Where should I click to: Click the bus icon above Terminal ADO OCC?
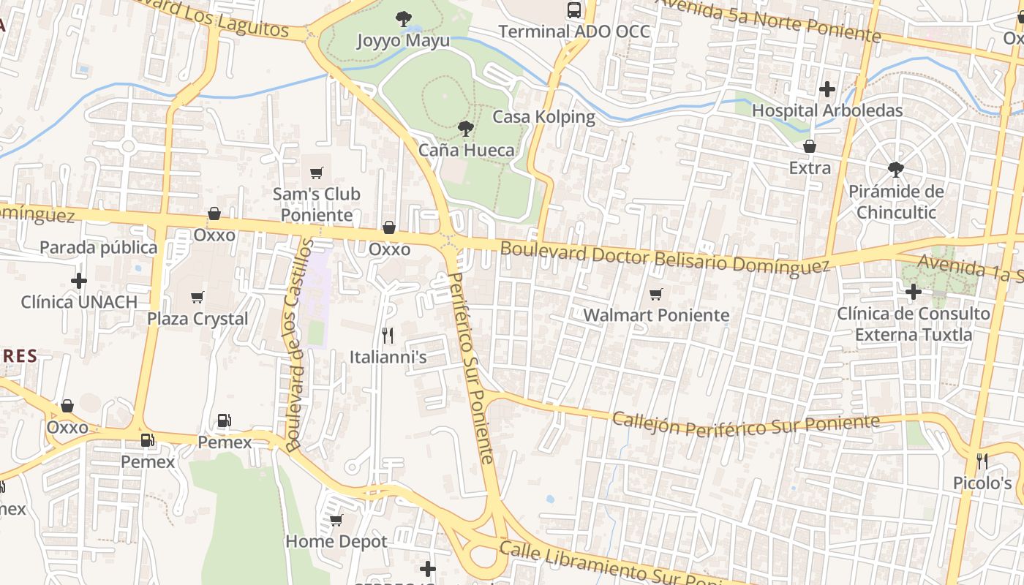(574, 10)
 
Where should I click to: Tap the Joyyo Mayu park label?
(403, 40)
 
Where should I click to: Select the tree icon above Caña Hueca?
(465, 129)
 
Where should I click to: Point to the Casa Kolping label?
(543, 117)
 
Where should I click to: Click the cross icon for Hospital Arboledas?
(827, 89)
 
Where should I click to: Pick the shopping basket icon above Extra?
(810, 147)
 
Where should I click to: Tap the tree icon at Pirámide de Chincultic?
(895, 170)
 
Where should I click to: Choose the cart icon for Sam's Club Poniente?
(317, 173)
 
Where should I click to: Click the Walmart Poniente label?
(656, 315)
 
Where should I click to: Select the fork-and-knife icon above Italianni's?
(388, 336)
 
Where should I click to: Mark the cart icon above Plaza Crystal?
(197, 298)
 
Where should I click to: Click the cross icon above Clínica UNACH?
(79, 281)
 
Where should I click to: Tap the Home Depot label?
(336, 542)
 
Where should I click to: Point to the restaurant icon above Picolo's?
(982, 461)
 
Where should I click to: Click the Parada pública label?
(98, 248)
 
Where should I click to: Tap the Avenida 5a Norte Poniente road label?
(768, 20)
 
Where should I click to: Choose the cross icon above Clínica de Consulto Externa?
(913, 292)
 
